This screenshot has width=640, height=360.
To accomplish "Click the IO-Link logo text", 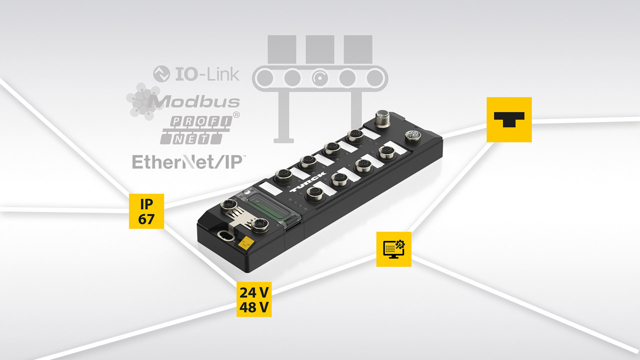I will pyautogui.click(x=206, y=74).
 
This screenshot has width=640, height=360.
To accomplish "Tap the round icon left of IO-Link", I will pyautogui.click(x=161, y=74).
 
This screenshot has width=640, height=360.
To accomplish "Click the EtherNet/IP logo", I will pyautogui.click(x=187, y=161).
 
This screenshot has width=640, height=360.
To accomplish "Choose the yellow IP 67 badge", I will pyautogui.click(x=146, y=211).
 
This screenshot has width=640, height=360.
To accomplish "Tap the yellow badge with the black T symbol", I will pyautogui.click(x=509, y=119).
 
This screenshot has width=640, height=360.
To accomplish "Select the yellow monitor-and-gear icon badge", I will pyautogui.click(x=394, y=249).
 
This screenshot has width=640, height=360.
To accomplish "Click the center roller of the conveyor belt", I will pyautogui.click(x=320, y=77).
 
